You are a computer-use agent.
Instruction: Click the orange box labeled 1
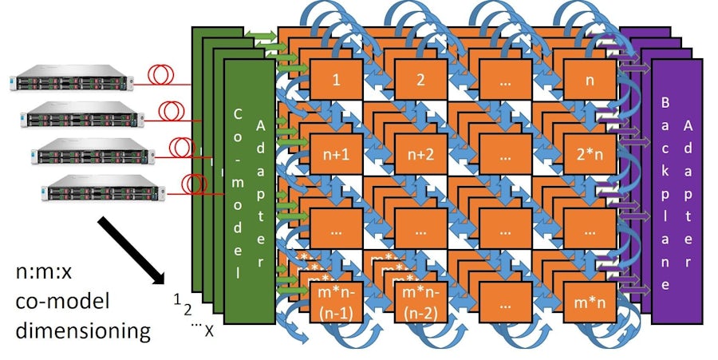[336, 81]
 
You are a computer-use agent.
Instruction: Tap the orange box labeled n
[590, 81]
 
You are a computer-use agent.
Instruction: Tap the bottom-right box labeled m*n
[590, 304]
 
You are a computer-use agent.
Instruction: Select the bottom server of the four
[104, 192]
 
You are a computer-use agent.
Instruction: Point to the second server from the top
[80, 117]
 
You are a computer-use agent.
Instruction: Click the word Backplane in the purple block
[665, 192]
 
